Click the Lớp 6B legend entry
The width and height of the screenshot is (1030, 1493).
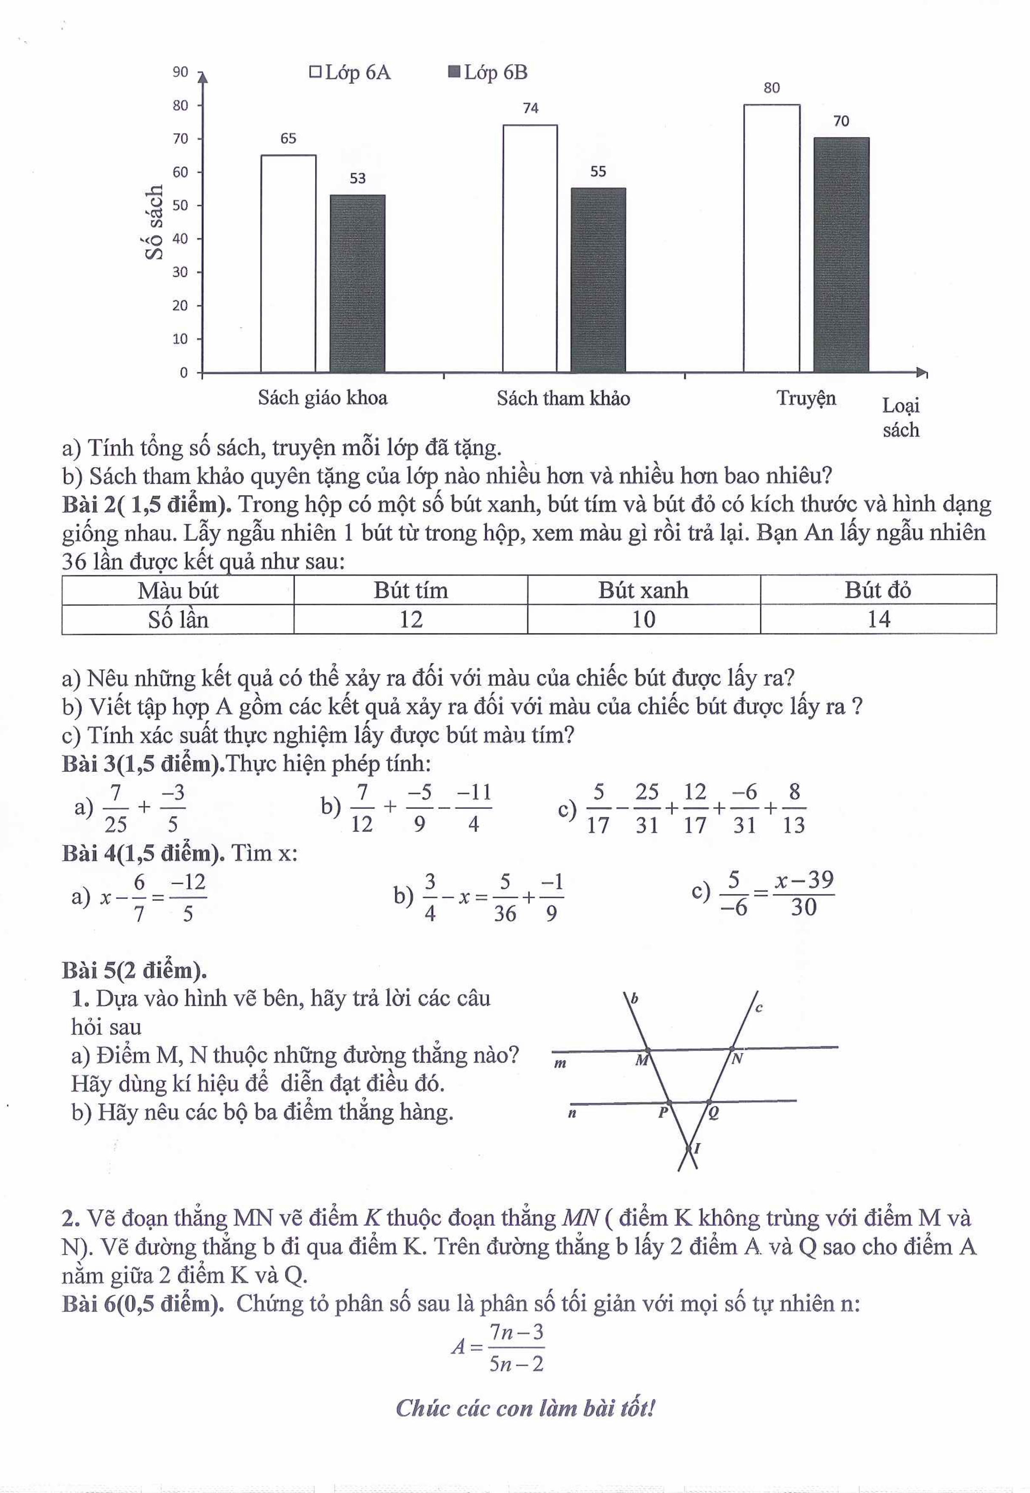(488, 72)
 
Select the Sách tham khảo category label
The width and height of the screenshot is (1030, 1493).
(563, 398)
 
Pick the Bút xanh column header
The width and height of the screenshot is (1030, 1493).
(643, 590)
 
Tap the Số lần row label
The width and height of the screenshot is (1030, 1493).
(178, 619)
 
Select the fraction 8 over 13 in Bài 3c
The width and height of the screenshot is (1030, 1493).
(794, 808)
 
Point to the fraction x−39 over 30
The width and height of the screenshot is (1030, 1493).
(804, 894)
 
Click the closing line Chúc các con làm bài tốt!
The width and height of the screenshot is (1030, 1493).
(525, 1408)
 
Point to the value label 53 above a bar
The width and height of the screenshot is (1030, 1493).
(357, 179)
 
